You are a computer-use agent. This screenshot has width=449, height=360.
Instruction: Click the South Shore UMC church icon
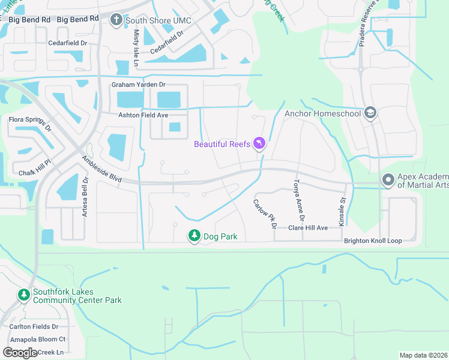(116, 21)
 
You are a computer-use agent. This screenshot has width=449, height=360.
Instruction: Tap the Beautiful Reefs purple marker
(259, 144)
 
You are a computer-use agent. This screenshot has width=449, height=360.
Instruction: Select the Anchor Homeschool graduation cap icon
(370, 113)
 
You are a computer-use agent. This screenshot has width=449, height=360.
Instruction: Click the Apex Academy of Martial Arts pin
(388, 179)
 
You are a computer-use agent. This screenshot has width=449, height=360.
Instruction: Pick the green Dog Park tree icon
(194, 236)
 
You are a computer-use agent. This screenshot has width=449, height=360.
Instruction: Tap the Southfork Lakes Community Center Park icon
(23, 295)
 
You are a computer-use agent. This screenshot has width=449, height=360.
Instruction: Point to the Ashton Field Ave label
(142, 115)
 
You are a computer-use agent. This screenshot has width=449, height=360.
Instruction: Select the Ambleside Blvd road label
(102, 170)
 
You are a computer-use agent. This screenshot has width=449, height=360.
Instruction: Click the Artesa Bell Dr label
(85, 197)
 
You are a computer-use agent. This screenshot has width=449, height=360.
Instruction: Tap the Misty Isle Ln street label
(136, 47)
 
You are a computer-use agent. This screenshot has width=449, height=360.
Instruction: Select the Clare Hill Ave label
(308, 228)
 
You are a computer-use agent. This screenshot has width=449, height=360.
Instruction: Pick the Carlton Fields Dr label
(34, 327)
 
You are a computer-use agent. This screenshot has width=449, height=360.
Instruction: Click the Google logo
(20, 352)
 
